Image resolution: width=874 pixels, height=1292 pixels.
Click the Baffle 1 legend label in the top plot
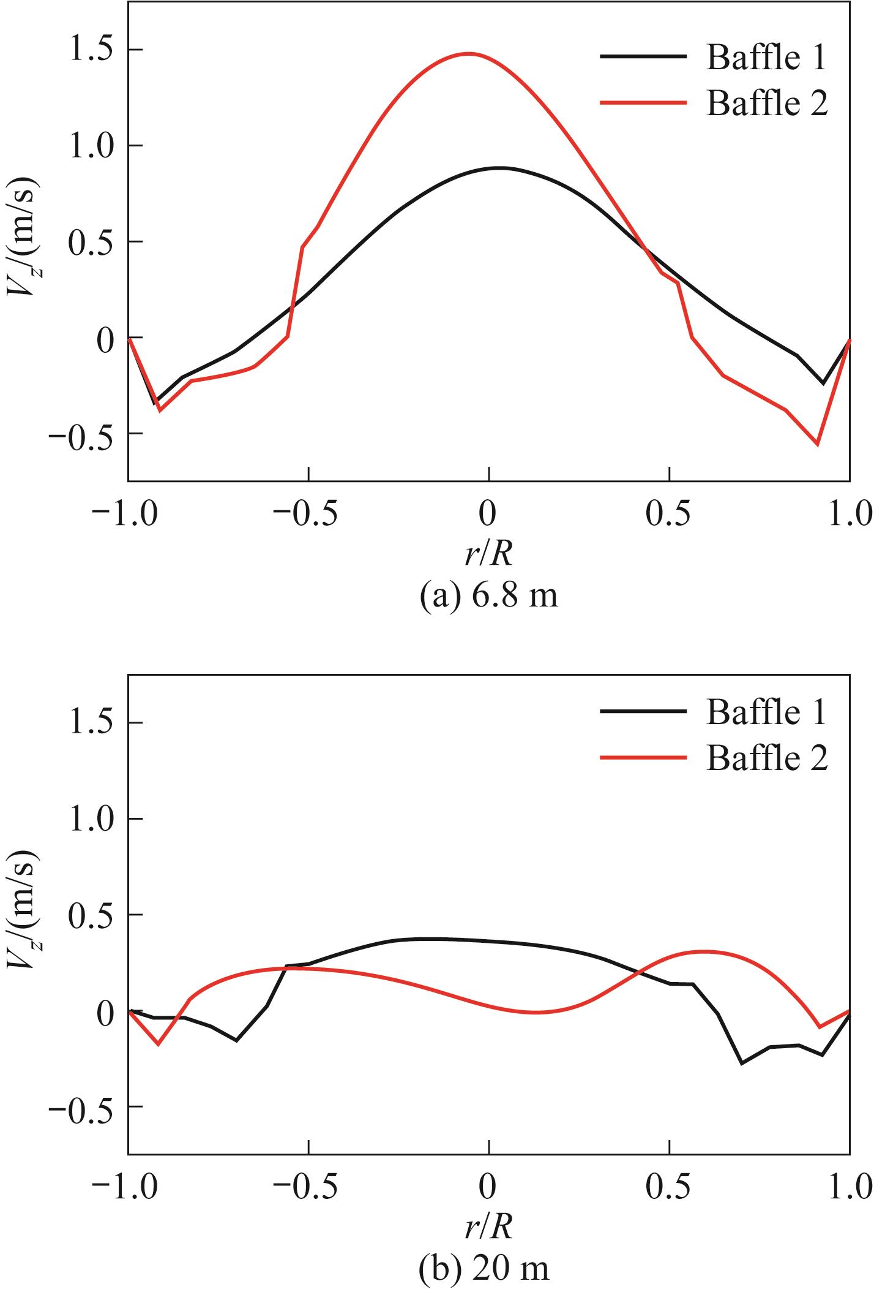[766, 58]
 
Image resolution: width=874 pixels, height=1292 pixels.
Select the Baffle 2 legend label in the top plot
[767, 103]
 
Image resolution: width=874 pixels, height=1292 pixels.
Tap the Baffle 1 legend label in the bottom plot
[766, 712]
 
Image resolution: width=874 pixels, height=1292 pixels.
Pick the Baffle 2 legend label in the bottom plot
[767, 758]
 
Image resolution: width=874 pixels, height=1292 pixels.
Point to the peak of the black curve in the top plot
[500, 167]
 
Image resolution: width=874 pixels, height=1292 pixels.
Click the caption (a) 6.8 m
[489, 594]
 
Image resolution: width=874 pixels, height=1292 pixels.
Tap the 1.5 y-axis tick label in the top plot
[92, 50]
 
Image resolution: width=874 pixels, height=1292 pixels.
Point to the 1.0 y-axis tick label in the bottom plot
[92, 818]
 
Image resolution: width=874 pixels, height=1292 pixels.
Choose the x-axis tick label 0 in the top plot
[488, 513]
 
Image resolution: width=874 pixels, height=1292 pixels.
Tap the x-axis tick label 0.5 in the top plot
[668, 513]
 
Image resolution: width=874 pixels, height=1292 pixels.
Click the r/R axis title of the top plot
[488, 554]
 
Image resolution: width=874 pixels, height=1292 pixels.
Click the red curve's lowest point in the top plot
[817, 444]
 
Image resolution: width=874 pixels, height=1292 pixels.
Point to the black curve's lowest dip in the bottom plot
[742, 1063]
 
